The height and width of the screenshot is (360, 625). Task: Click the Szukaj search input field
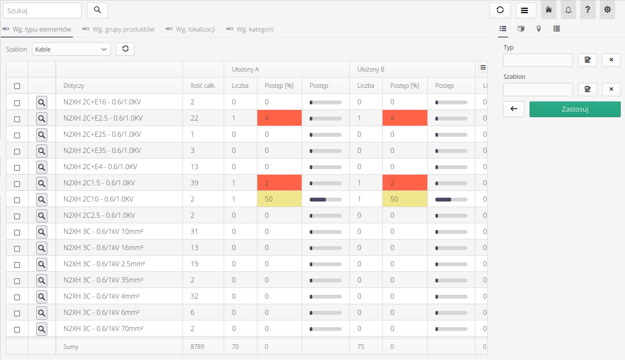pyautogui.click(x=42, y=10)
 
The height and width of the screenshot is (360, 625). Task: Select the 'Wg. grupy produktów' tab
pyautogui.click(x=123, y=29)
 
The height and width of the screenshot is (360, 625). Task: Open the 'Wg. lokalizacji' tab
pyautogui.click(x=195, y=29)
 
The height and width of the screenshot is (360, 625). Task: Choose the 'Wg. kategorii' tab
pyautogui.click(x=255, y=29)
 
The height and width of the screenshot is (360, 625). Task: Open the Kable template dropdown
pyautogui.click(x=71, y=49)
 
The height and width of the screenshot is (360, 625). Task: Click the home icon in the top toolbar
pyautogui.click(x=549, y=10)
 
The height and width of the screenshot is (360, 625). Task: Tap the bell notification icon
pyautogui.click(x=568, y=10)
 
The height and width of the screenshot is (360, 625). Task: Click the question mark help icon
pyautogui.click(x=588, y=10)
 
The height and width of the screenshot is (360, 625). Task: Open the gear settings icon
pyautogui.click(x=608, y=10)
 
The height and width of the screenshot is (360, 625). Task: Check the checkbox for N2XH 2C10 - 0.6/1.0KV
pyautogui.click(x=17, y=200)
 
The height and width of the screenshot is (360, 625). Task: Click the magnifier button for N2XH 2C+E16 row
pyautogui.click(x=42, y=102)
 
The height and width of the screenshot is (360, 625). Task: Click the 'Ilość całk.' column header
pyautogui.click(x=203, y=86)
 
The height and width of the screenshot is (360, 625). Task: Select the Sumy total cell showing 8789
pyautogui.click(x=197, y=347)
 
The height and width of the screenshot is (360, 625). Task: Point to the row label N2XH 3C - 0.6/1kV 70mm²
pyautogui.click(x=103, y=328)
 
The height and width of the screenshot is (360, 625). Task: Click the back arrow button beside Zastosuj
pyautogui.click(x=514, y=109)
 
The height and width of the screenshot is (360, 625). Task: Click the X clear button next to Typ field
pyautogui.click(x=611, y=60)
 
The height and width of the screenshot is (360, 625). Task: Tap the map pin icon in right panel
pyautogui.click(x=539, y=29)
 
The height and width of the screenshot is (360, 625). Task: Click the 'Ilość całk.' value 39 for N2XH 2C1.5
pyautogui.click(x=194, y=183)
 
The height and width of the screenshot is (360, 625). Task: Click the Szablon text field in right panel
pyautogui.click(x=538, y=90)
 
